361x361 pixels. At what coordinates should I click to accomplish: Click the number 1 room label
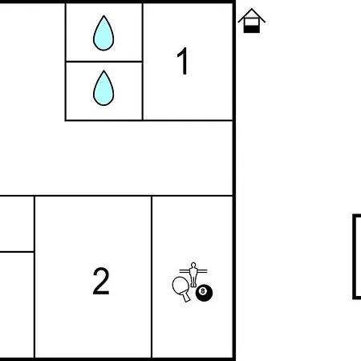(x=183, y=61)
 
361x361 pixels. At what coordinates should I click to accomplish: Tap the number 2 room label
(x=101, y=281)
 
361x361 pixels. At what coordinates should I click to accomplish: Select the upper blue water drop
(x=103, y=33)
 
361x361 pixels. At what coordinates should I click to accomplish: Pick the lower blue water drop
(x=103, y=88)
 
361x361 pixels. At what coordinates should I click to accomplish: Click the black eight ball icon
(x=204, y=293)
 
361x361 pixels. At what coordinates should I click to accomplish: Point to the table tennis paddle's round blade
(x=180, y=286)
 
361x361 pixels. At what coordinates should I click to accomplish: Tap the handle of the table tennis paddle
(x=186, y=297)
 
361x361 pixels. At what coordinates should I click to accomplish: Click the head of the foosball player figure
(x=193, y=266)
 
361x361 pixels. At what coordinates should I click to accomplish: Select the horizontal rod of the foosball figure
(x=193, y=271)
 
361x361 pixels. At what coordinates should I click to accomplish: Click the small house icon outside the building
(x=252, y=21)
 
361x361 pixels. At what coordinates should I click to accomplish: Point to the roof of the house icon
(x=252, y=15)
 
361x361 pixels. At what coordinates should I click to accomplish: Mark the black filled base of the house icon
(x=252, y=29)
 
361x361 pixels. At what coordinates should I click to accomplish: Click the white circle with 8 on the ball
(x=203, y=291)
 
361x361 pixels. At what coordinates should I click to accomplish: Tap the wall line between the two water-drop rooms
(x=103, y=62)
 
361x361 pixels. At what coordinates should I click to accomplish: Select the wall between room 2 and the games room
(x=152, y=277)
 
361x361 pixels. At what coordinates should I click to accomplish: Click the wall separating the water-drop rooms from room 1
(x=143, y=62)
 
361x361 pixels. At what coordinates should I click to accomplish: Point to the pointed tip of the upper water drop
(x=103, y=16)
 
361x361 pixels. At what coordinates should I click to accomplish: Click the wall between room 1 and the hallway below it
(x=188, y=120)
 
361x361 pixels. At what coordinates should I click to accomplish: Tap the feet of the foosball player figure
(x=193, y=285)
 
